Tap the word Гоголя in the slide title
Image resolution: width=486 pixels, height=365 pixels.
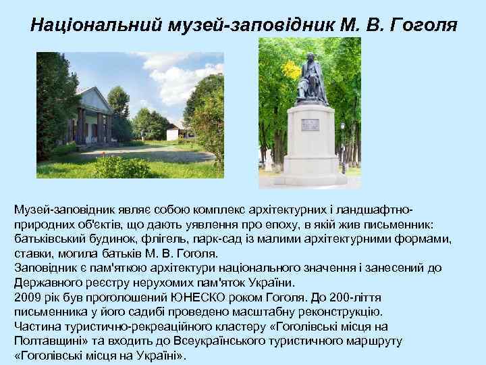pyautogui.click(x=424, y=25)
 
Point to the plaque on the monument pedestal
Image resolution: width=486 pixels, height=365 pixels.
pyautogui.click(x=310, y=124)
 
